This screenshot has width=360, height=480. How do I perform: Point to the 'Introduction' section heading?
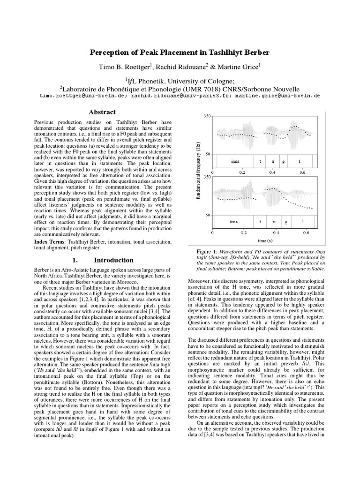click(113, 260)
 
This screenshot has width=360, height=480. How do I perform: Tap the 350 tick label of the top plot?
click(207, 116)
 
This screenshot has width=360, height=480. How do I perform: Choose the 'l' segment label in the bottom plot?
click(302, 221)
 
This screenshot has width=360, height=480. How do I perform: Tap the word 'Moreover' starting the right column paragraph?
click(188, 281)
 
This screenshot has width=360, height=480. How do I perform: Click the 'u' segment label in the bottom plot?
click(273, 221)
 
